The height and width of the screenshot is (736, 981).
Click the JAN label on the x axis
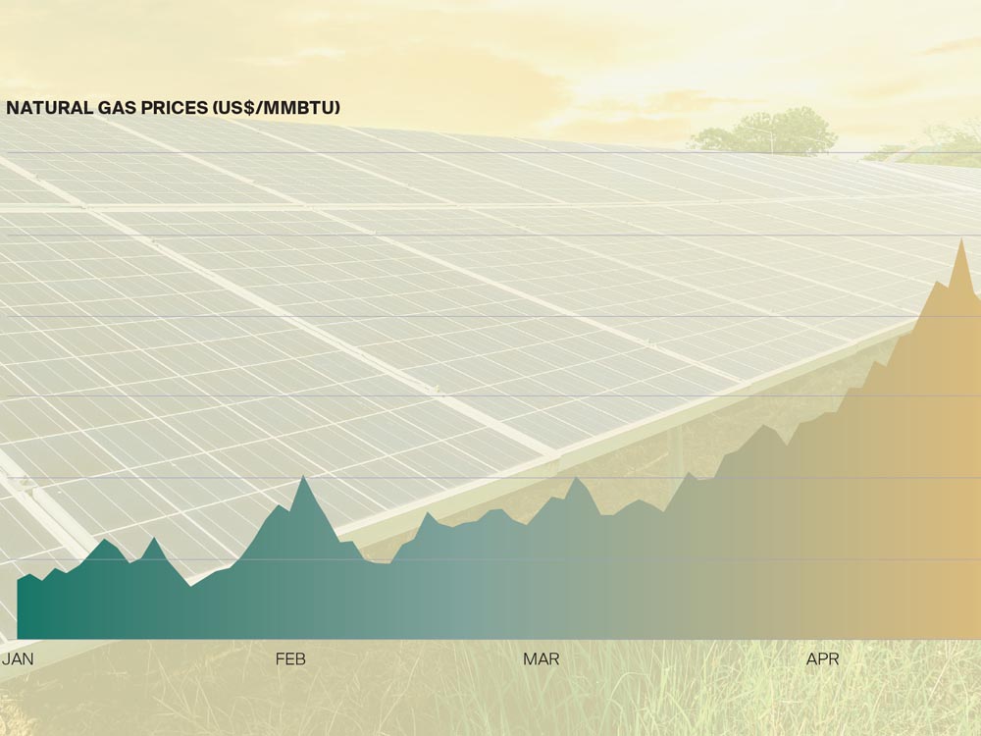[18, 659]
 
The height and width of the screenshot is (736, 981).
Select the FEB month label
[290, 659]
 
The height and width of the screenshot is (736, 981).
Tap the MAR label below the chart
[541, 659]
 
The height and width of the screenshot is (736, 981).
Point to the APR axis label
[822, 659]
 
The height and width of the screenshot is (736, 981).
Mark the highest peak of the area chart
[961, 239]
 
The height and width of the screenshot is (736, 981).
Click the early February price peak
[303, 477]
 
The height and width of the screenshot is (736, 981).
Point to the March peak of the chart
[576, 478]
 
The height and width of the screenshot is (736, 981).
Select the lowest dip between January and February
[190, 585]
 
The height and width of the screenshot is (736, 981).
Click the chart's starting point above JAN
[19, 581]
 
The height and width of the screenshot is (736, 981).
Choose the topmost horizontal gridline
[490, 153]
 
